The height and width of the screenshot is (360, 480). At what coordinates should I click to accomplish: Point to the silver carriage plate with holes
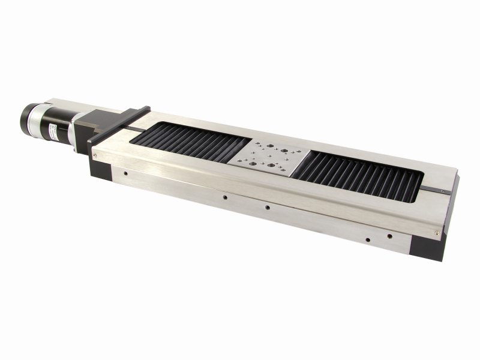point(271,158)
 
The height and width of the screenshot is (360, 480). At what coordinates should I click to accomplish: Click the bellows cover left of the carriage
point(192,144)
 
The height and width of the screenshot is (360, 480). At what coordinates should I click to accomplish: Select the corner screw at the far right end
point(436,233)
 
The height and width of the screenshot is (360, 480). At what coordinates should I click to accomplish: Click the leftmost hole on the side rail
point(125,175)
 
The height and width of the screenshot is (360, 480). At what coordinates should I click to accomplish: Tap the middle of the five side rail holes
point(267,208)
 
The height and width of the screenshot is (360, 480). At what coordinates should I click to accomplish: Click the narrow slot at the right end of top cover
point(433,190)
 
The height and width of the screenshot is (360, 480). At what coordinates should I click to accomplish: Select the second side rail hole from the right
point(367,239)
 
